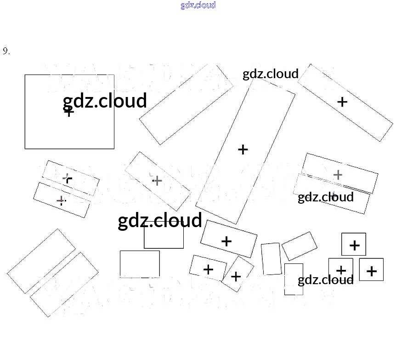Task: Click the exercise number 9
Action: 6,51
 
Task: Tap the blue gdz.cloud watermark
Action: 198,5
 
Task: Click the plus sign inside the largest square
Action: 69,111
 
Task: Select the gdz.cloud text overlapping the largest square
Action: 105,101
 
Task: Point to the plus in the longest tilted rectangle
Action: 243,149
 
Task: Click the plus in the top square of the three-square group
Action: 354,246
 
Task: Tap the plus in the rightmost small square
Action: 372,271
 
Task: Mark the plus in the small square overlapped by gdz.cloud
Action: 341,270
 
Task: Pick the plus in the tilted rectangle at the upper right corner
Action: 342,102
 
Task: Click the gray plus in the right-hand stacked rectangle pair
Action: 338,175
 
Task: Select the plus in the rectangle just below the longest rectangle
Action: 226,241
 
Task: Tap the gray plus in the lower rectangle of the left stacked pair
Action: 60,200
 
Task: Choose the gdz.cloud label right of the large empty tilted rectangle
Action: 271,74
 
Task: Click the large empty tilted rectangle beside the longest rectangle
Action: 186,105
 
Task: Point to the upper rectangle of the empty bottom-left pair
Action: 41,261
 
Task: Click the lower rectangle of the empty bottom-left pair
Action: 64,284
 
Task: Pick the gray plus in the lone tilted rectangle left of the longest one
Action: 157,181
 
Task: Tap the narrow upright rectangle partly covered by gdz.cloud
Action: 293,279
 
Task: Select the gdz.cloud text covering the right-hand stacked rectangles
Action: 325,197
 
